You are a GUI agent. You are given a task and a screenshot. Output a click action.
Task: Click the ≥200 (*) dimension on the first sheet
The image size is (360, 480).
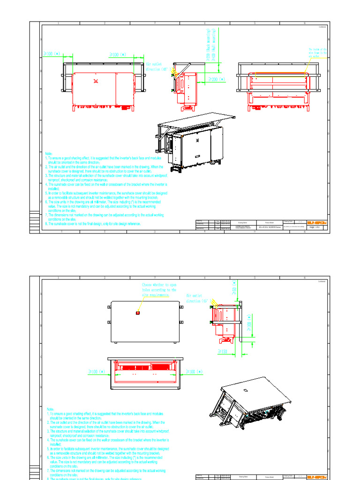(x=217, y=80)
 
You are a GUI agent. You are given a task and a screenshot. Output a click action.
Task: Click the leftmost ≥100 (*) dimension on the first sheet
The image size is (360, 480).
(x=52, y=54)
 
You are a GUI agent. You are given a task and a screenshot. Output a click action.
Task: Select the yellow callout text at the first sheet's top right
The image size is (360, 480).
(x=317, y=52)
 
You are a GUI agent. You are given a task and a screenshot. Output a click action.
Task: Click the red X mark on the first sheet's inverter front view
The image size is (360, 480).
(x=97, y=80)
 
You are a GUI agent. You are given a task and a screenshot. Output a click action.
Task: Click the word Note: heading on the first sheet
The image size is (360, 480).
(x=49, y=154)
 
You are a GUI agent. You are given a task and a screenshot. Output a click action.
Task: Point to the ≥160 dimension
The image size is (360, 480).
(x=222, y=351)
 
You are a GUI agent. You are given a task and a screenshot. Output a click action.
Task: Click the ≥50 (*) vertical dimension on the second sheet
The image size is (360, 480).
(x=234, y=287)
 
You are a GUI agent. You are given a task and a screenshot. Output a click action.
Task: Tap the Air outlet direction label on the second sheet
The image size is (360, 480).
(x=200, y=299)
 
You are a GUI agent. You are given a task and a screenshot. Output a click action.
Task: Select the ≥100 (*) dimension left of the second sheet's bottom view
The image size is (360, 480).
(x=97, y=372)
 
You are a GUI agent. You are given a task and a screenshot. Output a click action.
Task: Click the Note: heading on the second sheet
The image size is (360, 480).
(x=51, y=409)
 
